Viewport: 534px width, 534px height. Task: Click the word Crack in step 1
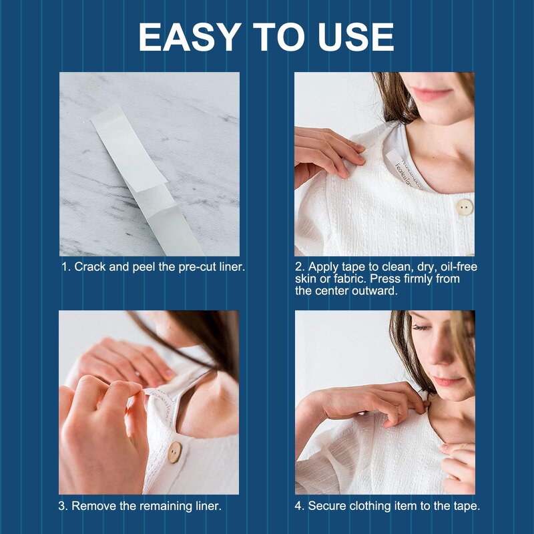tap(89, 266)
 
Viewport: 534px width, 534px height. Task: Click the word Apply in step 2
tap(322, 267)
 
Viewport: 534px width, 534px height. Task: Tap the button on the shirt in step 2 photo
tap(463, 207)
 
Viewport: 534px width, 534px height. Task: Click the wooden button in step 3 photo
tap(174, 453)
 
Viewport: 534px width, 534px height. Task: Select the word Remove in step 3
tap(91, 506)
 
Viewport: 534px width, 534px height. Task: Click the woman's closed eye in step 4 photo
tap(420, 328)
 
